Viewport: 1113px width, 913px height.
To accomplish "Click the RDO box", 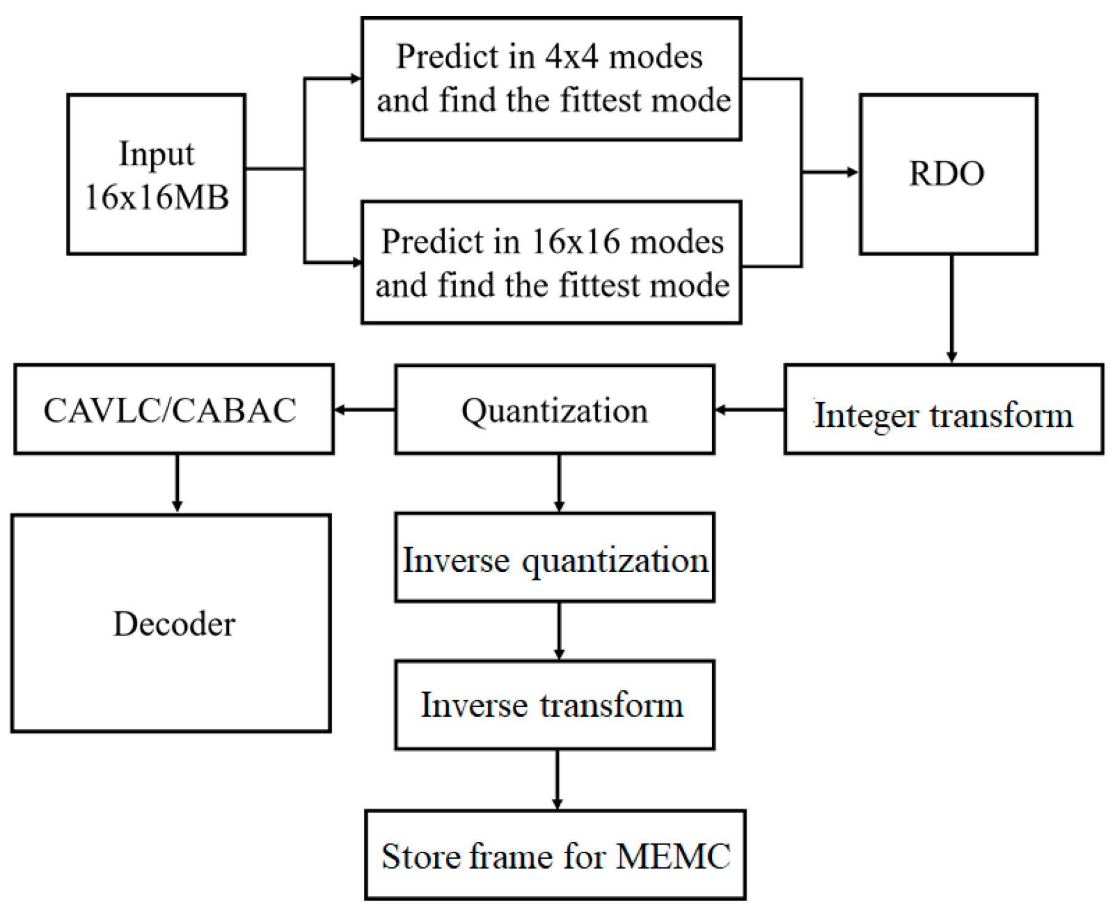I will [948, 174].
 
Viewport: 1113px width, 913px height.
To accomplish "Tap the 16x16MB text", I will [156, 197].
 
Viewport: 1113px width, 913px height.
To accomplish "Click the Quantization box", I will [554, 410].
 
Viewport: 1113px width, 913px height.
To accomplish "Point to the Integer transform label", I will [943, 415].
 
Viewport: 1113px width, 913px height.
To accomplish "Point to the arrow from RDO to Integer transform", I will [951, 308].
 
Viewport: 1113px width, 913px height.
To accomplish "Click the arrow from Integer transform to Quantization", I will [749, 410].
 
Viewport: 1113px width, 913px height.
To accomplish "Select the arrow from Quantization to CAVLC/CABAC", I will [364, 410].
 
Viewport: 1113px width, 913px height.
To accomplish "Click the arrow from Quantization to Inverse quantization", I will [559, 483].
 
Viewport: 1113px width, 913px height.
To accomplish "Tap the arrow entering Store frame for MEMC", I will [557, 780].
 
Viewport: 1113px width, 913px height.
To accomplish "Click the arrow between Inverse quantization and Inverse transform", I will [559, 630].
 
